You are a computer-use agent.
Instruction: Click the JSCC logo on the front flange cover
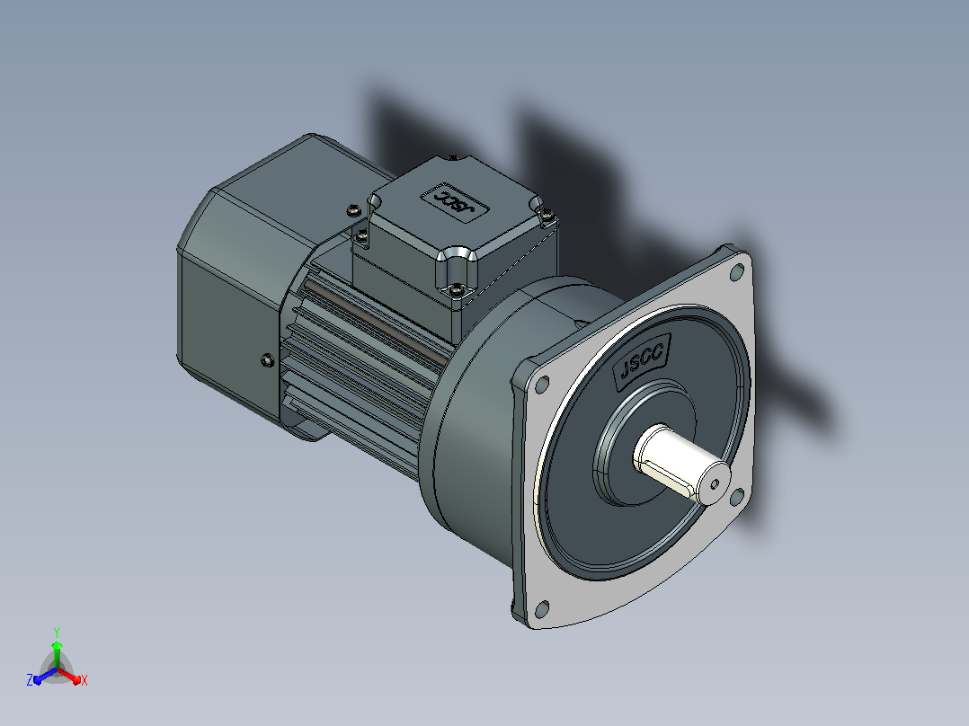point(641,361)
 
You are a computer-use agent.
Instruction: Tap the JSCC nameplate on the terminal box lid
point(454,202)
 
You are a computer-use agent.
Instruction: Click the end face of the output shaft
point(714,483)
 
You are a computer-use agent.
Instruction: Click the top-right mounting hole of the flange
point(737,272)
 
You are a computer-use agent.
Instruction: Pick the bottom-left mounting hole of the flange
point(541,609)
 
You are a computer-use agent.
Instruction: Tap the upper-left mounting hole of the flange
point(541,385)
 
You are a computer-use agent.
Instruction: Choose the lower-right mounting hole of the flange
point(737,496)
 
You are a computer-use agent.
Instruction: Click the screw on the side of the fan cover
point(268,359)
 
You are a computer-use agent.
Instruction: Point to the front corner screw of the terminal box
point(456,288)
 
